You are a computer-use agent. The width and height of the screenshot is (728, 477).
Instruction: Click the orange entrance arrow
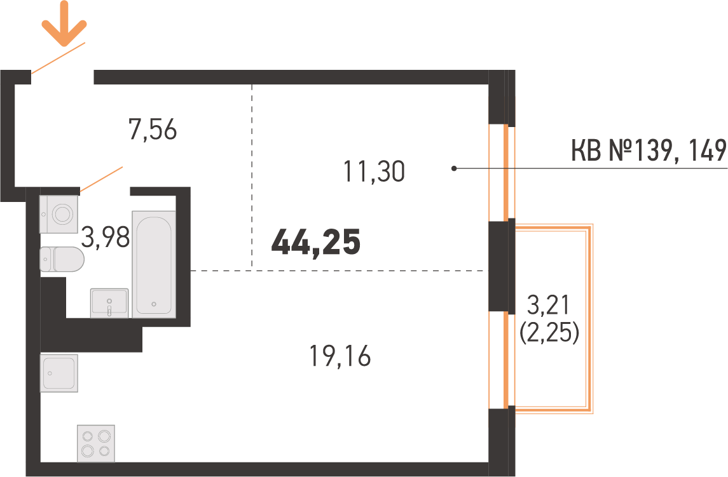[x=64, y=24]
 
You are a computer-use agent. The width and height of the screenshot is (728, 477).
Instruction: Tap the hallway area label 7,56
[x=153, y=130]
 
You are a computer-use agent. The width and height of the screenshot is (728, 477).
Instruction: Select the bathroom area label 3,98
[x=106, y=237]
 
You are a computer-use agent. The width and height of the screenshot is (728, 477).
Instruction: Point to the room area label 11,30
[x=374, y=171]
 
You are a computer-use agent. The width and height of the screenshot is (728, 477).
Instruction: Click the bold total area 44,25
[x=316, y=242]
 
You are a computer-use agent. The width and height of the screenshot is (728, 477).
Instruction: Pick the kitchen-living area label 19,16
[x=340, y=356]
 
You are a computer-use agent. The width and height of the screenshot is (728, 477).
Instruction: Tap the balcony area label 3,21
[x=548, y=305]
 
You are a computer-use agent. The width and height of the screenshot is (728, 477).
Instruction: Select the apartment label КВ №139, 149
[x=649, y=151]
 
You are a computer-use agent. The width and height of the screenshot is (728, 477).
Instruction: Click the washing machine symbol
[x=58, y=214]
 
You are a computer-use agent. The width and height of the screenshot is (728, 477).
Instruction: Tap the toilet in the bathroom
[x=62, y=259]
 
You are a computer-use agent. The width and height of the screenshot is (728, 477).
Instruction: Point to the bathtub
[x=154, y=264]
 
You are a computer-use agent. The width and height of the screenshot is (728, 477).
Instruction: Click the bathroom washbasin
[x=109, y=303]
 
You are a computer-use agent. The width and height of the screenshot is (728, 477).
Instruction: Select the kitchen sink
[x=58, y=373]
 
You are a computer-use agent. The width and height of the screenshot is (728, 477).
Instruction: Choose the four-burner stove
[x=95, y=443]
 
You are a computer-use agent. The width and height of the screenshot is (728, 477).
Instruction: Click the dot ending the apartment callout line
[x=454, y=168]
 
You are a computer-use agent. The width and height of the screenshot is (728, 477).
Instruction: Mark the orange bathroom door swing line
[x=101, y=178]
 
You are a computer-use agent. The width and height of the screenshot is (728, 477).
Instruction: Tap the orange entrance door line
[x=58, y=58]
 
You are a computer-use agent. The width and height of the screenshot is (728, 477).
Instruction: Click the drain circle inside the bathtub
[x=154, y=304]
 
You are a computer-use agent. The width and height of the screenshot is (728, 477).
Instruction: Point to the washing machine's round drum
[x=62, y=214]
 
